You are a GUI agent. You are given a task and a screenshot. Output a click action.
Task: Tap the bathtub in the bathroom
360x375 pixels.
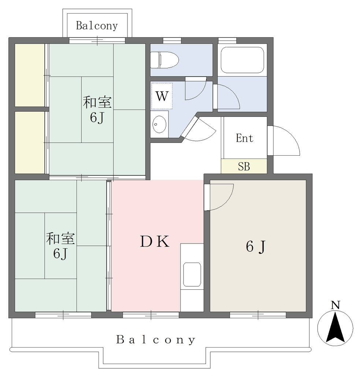(242, 60)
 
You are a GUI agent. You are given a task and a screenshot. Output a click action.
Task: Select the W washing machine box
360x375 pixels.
(162, 96)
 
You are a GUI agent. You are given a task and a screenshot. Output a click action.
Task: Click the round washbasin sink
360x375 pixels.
(159, 124)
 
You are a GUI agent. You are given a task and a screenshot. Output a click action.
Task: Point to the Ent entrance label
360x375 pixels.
(245, 138)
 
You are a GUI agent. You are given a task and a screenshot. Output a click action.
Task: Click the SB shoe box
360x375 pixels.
(244, 166)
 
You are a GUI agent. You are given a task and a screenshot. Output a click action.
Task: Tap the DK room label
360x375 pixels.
(155, 241)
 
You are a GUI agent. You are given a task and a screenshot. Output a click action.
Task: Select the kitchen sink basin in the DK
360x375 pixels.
(192, 274)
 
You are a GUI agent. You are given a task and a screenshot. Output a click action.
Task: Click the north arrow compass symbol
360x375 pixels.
(335, 328)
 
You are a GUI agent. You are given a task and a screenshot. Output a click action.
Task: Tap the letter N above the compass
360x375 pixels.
(335, 305)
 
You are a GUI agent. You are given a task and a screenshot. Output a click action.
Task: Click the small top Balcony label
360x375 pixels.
(97, 26)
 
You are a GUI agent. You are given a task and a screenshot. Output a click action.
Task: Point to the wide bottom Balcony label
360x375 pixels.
(156, 340)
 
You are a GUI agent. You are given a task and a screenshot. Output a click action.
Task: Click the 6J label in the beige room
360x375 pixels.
(256, 246)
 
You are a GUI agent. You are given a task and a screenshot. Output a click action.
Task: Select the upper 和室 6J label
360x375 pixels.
(97, 109)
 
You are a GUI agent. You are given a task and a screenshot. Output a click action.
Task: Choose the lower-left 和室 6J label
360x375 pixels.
(60, 246)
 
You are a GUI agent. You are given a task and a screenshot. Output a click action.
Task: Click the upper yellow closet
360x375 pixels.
(30, 75)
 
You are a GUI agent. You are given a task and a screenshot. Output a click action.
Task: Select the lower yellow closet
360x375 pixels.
(30, 142)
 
